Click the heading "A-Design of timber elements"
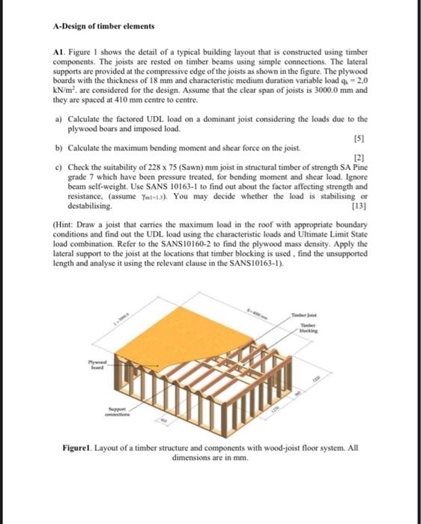(104, 26)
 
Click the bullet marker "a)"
(58, 119)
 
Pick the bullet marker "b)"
(58, 149)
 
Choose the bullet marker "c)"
(58, 168)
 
